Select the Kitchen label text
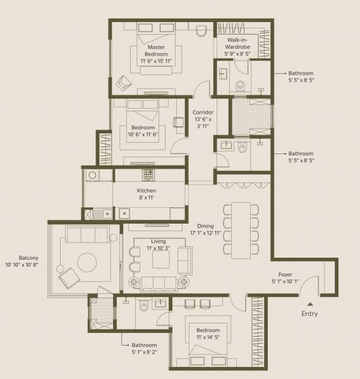147,195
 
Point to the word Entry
309,314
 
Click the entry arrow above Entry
309,304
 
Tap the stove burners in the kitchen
148,174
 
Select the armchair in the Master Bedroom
124,82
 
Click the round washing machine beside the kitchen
92,176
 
